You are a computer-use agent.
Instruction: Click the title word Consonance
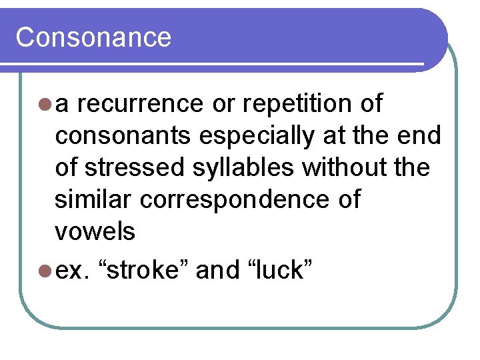pyautogui.click(x=93, y=37)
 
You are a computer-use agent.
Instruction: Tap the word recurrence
pyautogui.click(x=144, y=104)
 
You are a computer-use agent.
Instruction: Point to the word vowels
pyautogui.click(x=95, y=231)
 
